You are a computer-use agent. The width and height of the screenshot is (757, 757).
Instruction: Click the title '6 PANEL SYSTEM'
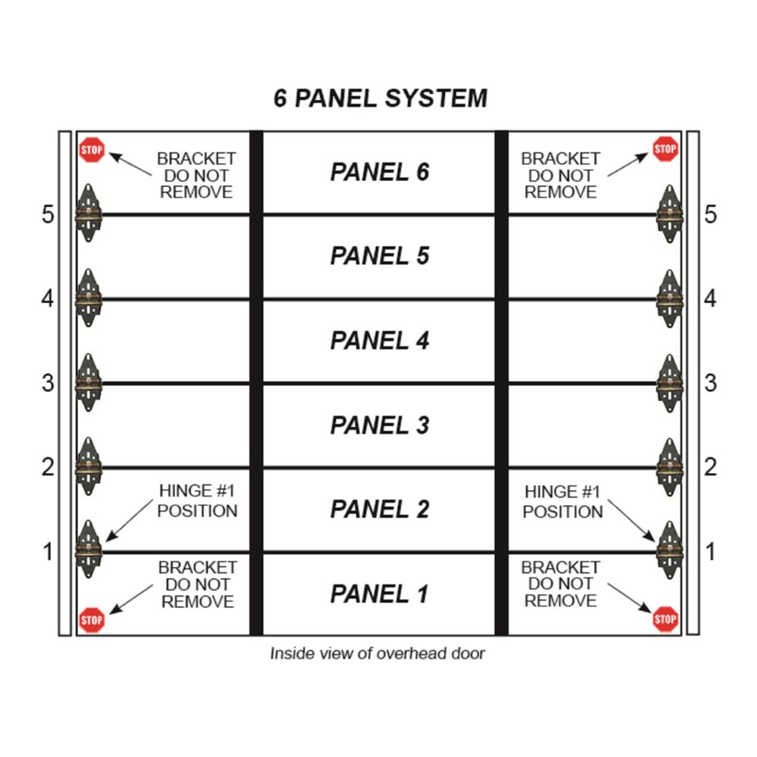coord(381,98)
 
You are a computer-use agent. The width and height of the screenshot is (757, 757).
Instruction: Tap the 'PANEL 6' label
coord(379,172)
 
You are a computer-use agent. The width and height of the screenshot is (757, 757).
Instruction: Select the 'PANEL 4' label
coord(379,341)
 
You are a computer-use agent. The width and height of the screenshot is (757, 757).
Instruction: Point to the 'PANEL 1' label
coord(379,593)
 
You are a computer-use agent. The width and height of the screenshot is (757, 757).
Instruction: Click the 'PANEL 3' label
coord(379,425)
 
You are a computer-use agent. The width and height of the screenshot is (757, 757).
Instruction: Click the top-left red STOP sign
coord(92,150)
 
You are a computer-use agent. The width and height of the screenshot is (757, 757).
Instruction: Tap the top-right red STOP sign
coord(665,148)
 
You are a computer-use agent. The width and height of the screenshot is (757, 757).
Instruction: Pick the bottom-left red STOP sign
coord(92,621)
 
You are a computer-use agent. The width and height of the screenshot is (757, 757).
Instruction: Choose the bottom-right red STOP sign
coord(665,619)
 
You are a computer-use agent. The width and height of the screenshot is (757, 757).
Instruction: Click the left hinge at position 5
coord(89,213)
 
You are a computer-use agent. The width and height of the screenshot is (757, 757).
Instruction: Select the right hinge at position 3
coord(670,383)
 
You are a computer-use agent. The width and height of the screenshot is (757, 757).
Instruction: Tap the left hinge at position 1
coord(89,550)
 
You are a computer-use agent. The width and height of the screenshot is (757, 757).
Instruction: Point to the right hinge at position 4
coord(670,299)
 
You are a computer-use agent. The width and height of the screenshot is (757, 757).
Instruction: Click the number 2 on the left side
coord(48,467)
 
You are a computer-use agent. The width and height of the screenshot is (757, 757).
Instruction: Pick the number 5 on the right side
coord(710,214)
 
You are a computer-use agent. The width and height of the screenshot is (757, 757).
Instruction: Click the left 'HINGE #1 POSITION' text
coord(198,500)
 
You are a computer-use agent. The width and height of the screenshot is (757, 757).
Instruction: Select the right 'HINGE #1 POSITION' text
coord(562,502)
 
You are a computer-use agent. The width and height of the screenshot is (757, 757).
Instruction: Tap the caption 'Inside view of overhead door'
coord(378,653)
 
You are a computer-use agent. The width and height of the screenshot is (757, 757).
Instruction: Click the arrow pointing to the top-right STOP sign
coord(628,164)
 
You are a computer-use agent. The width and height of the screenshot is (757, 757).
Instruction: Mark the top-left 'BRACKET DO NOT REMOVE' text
coord(197,176)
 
